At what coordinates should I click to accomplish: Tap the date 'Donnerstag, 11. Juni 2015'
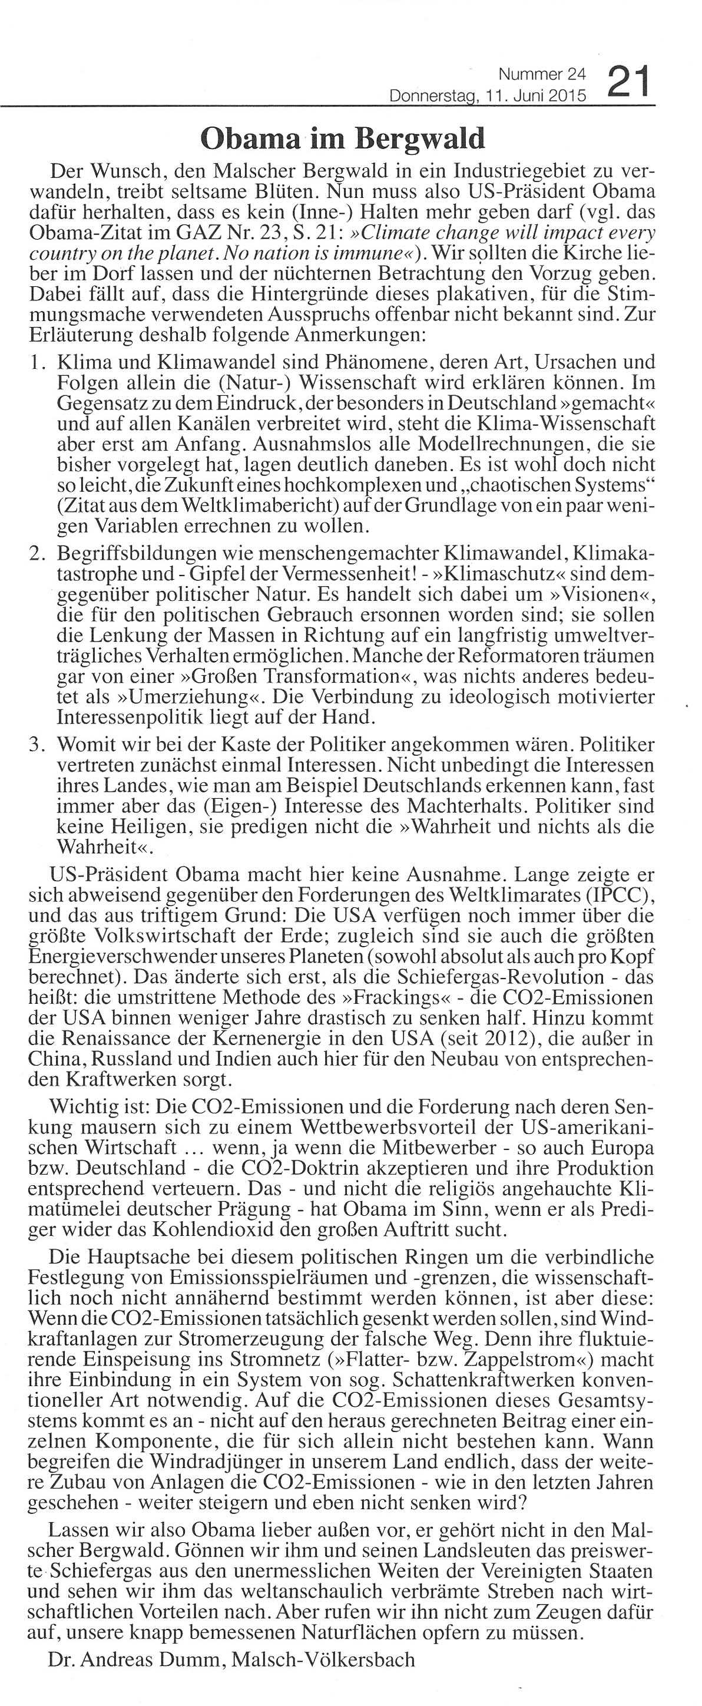pos(488,97)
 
